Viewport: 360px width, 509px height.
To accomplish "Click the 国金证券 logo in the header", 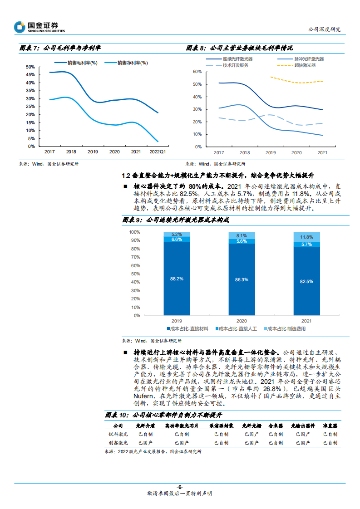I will click(39, 27).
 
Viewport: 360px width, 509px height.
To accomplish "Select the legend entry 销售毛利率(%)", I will click(82, 63).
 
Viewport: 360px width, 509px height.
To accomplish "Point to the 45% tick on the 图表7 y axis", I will click(30, 75).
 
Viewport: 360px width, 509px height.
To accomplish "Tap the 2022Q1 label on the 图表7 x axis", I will click(158, 152).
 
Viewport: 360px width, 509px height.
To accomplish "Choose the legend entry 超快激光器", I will click(304, 65).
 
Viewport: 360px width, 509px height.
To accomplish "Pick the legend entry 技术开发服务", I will click(235, 65).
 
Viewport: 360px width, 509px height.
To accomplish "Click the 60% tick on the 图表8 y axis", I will click(197, 72).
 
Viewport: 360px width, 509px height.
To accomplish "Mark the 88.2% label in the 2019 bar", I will click(177, 279).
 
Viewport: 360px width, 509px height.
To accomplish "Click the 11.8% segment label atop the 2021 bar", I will click(306, 237).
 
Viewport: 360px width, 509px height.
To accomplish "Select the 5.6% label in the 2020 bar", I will click(242, 241).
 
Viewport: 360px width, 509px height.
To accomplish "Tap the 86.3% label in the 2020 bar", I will click(242, 280).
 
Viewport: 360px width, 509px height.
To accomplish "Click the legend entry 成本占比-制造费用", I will click(286, 328).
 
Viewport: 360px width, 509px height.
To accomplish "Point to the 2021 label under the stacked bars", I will click(306, 320).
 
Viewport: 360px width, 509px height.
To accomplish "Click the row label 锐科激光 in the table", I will click(118, 434).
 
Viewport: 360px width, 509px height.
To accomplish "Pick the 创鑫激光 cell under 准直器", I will click(330, 442).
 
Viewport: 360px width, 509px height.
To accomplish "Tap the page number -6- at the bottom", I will click(180, 487).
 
